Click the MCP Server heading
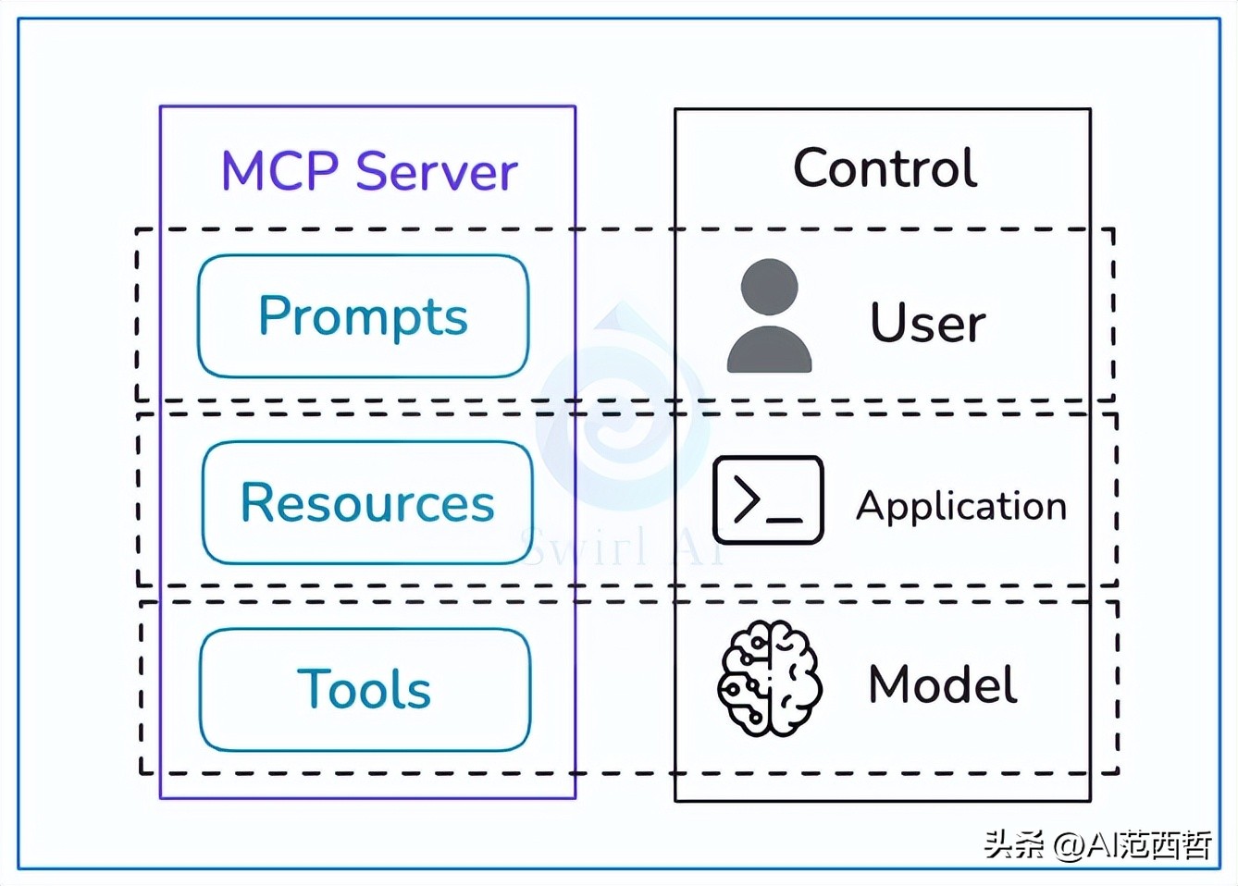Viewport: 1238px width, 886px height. coord(368,171)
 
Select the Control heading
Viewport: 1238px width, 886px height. coord(884,168)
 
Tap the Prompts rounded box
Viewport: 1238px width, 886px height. coord(363,316)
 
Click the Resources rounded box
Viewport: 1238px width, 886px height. coord(367,503)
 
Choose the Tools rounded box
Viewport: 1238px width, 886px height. coord(365,690)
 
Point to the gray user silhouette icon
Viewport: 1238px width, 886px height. coord(769,317)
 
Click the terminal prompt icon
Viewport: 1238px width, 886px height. coord(768,500)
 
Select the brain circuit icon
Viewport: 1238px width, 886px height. coord(769,679)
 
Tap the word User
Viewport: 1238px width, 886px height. coord(927,323)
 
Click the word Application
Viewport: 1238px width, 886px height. coord(960,506)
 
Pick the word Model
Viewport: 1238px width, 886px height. coord(942,685)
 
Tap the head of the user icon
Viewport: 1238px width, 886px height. coord(769,286)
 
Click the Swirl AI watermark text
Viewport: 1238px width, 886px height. coord(620,546)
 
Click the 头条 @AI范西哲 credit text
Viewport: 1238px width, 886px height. coord(1097,844)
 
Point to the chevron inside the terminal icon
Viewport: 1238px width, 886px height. coord(746,500)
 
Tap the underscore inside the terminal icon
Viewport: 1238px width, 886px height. coord(785,520)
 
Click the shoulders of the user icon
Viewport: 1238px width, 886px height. coord(769,351)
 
